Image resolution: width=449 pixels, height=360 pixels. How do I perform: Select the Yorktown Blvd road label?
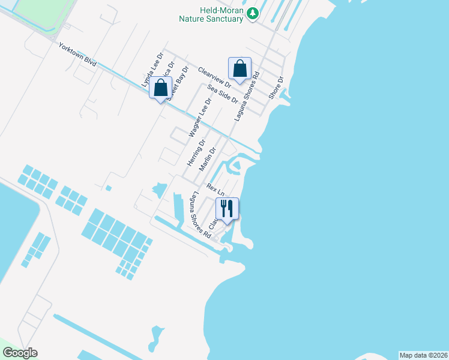tap(77, 55)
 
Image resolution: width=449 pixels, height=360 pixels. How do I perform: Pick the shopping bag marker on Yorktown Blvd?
tap(161, 89)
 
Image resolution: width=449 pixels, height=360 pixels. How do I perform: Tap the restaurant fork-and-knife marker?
tap(227, 209)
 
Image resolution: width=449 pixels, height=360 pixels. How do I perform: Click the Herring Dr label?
tap(196, 152)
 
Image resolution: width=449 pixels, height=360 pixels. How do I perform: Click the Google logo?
tap(20, 353)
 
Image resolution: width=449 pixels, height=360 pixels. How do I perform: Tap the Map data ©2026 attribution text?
tap(423, 355)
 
